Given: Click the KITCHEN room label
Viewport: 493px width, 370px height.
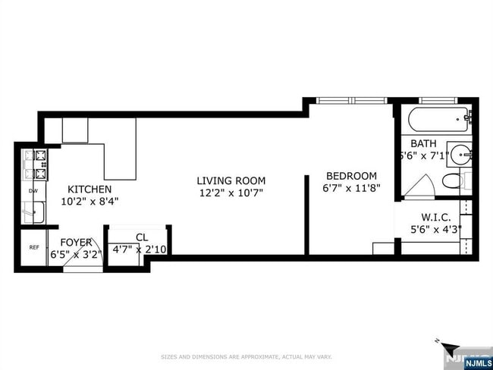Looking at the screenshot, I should tap(89, 189).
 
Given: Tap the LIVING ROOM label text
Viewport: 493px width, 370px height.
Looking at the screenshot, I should tap(231, 180).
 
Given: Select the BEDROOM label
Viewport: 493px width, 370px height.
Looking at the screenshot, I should tap(350, 175).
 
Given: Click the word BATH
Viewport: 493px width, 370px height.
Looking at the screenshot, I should tap(423, 143).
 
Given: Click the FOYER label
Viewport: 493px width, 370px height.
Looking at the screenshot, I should tap(76, 243).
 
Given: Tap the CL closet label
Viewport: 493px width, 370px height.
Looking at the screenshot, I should tap(142, 237).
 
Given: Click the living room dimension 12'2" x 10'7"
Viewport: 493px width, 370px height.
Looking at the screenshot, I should tap(231, 193).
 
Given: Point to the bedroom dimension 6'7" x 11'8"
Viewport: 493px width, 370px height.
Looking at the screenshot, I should tap(351, 188).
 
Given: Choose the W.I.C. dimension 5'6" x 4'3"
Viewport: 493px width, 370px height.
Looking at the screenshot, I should tap(435, 230).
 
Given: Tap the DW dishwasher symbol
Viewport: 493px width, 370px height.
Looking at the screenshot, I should tap(33, 191).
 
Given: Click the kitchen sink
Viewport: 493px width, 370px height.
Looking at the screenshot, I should tap(32, 213).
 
